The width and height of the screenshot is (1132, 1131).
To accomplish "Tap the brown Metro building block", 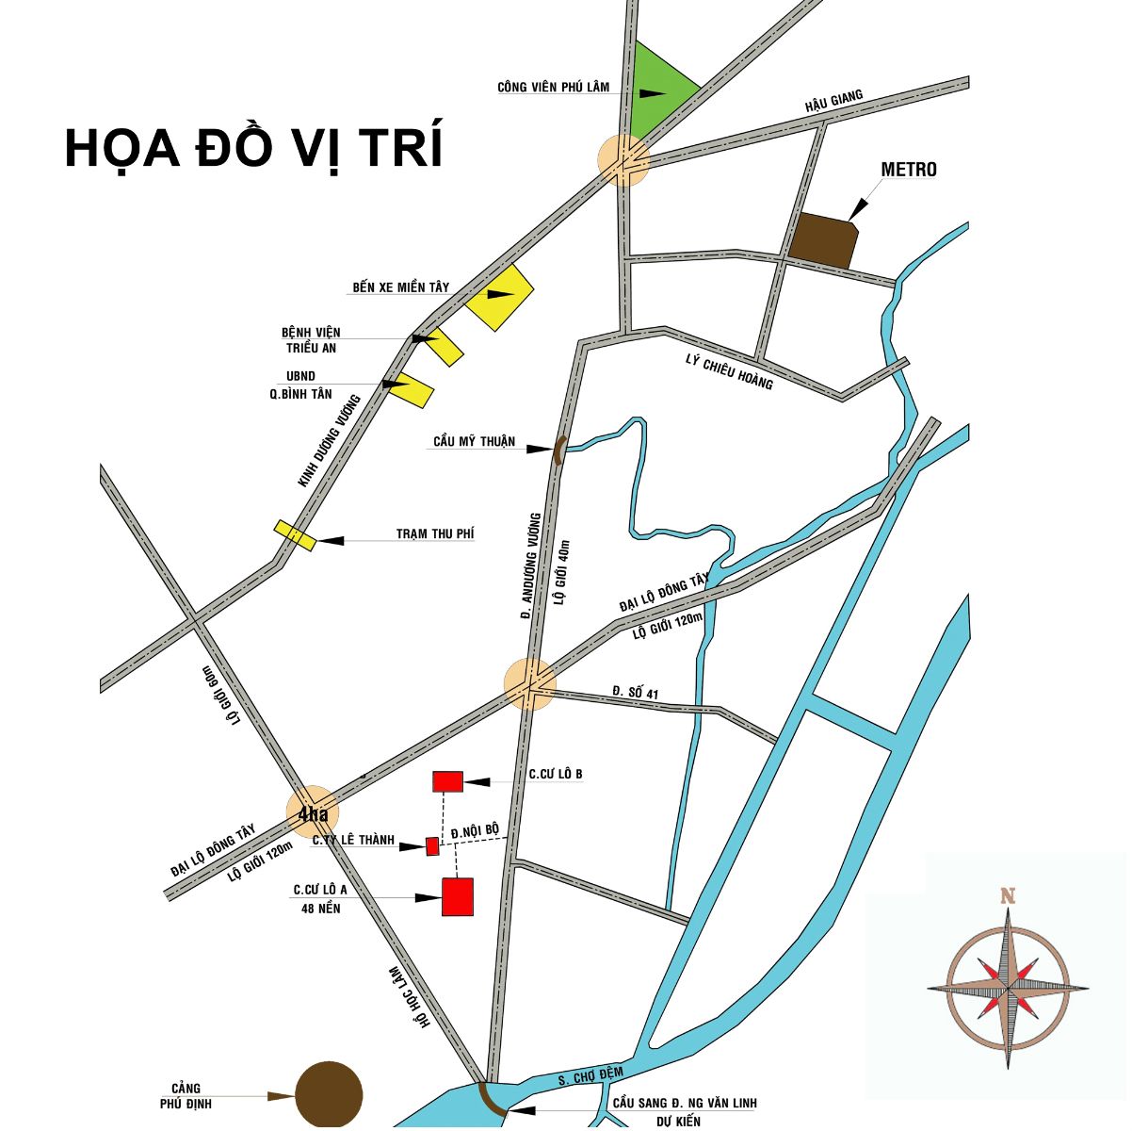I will pyautogui.click(x=822, y=241).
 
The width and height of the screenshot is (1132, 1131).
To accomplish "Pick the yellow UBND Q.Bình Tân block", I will pyautogui.click(x=412, y=388).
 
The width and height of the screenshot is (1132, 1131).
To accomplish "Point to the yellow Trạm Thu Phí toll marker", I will pyautogui.click(x=295, y=535).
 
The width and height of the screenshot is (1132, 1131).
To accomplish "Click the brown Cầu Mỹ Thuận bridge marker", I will pyautogui.click(x=558, y=450).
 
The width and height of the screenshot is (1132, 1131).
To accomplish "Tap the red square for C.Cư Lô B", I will pyautogui.click(x=447, y=780).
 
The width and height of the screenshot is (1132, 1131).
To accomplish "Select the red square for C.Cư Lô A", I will pyautogui.click(x=458, y=896).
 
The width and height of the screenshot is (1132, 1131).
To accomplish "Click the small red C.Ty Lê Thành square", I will pyautogui.click(x=432, y=845).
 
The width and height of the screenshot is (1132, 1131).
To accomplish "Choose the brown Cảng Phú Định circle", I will pyautogui.click(x=329, y=1094).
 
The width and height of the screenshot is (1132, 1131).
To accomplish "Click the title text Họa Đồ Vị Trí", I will pyautogui.click(x=253, y=148).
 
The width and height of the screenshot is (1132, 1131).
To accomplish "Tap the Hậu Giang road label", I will pyautogui.click(x=833, y=103).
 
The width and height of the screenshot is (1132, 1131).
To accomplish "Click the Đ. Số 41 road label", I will pyautogui.click(x=635, y=693).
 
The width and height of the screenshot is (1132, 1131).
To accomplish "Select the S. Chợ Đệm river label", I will pyautogui.click(x=591, y=1077).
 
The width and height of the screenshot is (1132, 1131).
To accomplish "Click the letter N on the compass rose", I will pyautogui.click(x=1008, y=896).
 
